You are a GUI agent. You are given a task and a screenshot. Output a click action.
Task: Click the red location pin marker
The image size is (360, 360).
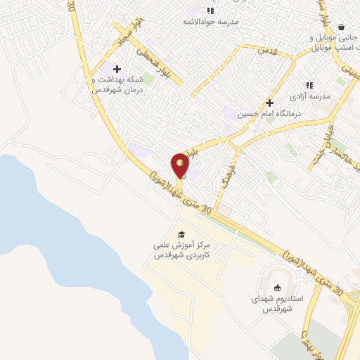tap(180, 165)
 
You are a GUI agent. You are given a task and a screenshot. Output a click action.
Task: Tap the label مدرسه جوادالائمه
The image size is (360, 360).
tap(210, 22)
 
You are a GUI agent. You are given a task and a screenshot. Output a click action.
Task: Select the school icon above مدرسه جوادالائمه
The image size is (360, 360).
tap(210, 10)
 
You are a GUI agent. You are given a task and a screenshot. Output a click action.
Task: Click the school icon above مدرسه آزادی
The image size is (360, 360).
tap(309, 84)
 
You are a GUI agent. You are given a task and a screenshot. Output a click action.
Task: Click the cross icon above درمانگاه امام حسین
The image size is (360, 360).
tap(269, 102)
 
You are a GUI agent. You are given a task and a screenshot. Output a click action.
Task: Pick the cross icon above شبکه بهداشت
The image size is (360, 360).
tap(117, 69)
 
